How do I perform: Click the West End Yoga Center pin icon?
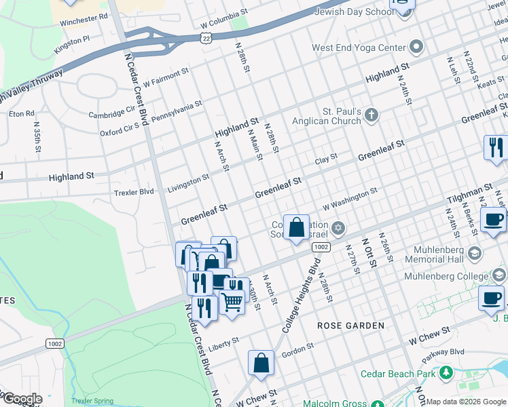click(x=416, y=47)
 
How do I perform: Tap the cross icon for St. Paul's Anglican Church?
click(x=371, y=114)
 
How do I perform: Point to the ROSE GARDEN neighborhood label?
click(x=350, y=326)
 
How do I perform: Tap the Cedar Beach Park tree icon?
click(x=446, y=373)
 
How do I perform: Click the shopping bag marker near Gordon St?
click(x=261, y=364)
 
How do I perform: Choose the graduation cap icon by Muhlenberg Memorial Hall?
click(x=475, y=253)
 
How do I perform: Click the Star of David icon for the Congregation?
click(x=338, y=227)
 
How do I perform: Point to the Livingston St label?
click(x=189, y=182)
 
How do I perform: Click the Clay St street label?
click(x=326, y=160)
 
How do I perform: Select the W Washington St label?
click(x=349, y=199)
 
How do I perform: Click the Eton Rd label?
click(x=21, y=113)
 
